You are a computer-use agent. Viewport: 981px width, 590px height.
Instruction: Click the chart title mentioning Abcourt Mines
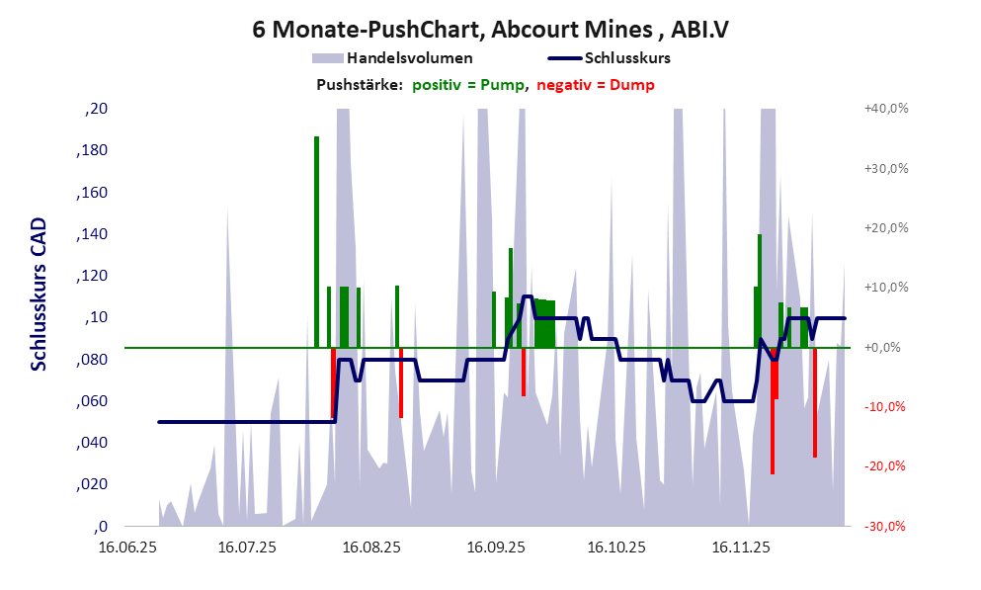coord(490,30)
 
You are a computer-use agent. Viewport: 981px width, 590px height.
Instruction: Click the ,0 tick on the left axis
coord(98,526)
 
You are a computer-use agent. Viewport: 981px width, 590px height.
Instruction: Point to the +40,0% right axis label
coord(887,110)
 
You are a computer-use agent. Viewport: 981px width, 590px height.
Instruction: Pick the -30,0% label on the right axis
coord(887,527)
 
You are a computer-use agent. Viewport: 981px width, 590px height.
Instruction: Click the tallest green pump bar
coord(317,242)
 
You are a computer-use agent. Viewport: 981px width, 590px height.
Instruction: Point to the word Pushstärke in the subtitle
coord(359,85)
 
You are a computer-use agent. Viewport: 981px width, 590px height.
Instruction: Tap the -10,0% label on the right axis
coord(887,407)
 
